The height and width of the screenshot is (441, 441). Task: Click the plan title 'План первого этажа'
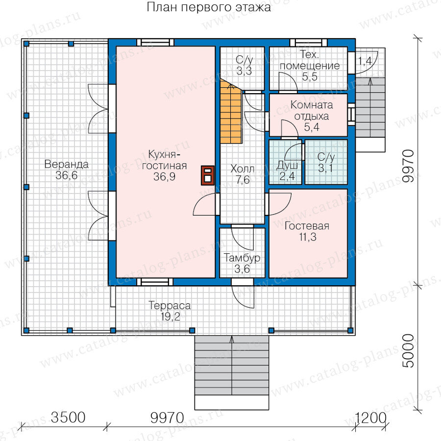(x=209, y=7)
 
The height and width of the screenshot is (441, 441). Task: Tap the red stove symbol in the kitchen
(x=208, y=175)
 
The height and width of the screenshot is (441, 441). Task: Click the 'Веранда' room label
(x=66, y=164)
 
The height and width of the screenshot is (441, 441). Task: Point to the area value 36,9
(x=165, y=176)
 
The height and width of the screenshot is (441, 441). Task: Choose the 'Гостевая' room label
(x=307, y=226)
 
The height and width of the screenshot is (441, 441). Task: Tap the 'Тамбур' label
(x=242, y=258)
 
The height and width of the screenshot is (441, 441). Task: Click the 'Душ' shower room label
(x=287, y=166)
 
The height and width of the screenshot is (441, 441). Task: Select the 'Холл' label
(x=243, y=169)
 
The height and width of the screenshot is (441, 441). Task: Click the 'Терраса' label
(x=170, y=305)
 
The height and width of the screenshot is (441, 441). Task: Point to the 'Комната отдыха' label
(x=312, y=111)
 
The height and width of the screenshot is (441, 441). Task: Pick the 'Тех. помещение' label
(x=310, y=60)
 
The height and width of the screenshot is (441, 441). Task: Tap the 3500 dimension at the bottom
(x=68, y=417)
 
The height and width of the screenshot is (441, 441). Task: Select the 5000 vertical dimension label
(x=408, y=351)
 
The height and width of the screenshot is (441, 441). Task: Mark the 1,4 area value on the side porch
(x=365, y=61)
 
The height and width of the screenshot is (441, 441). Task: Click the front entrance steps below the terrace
(x=232, y=372)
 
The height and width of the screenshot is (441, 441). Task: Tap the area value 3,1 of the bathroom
(x=326, y=169)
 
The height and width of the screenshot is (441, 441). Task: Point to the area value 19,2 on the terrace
(x=170, y=317)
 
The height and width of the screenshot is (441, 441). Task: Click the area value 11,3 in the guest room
(x=308, y=237)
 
